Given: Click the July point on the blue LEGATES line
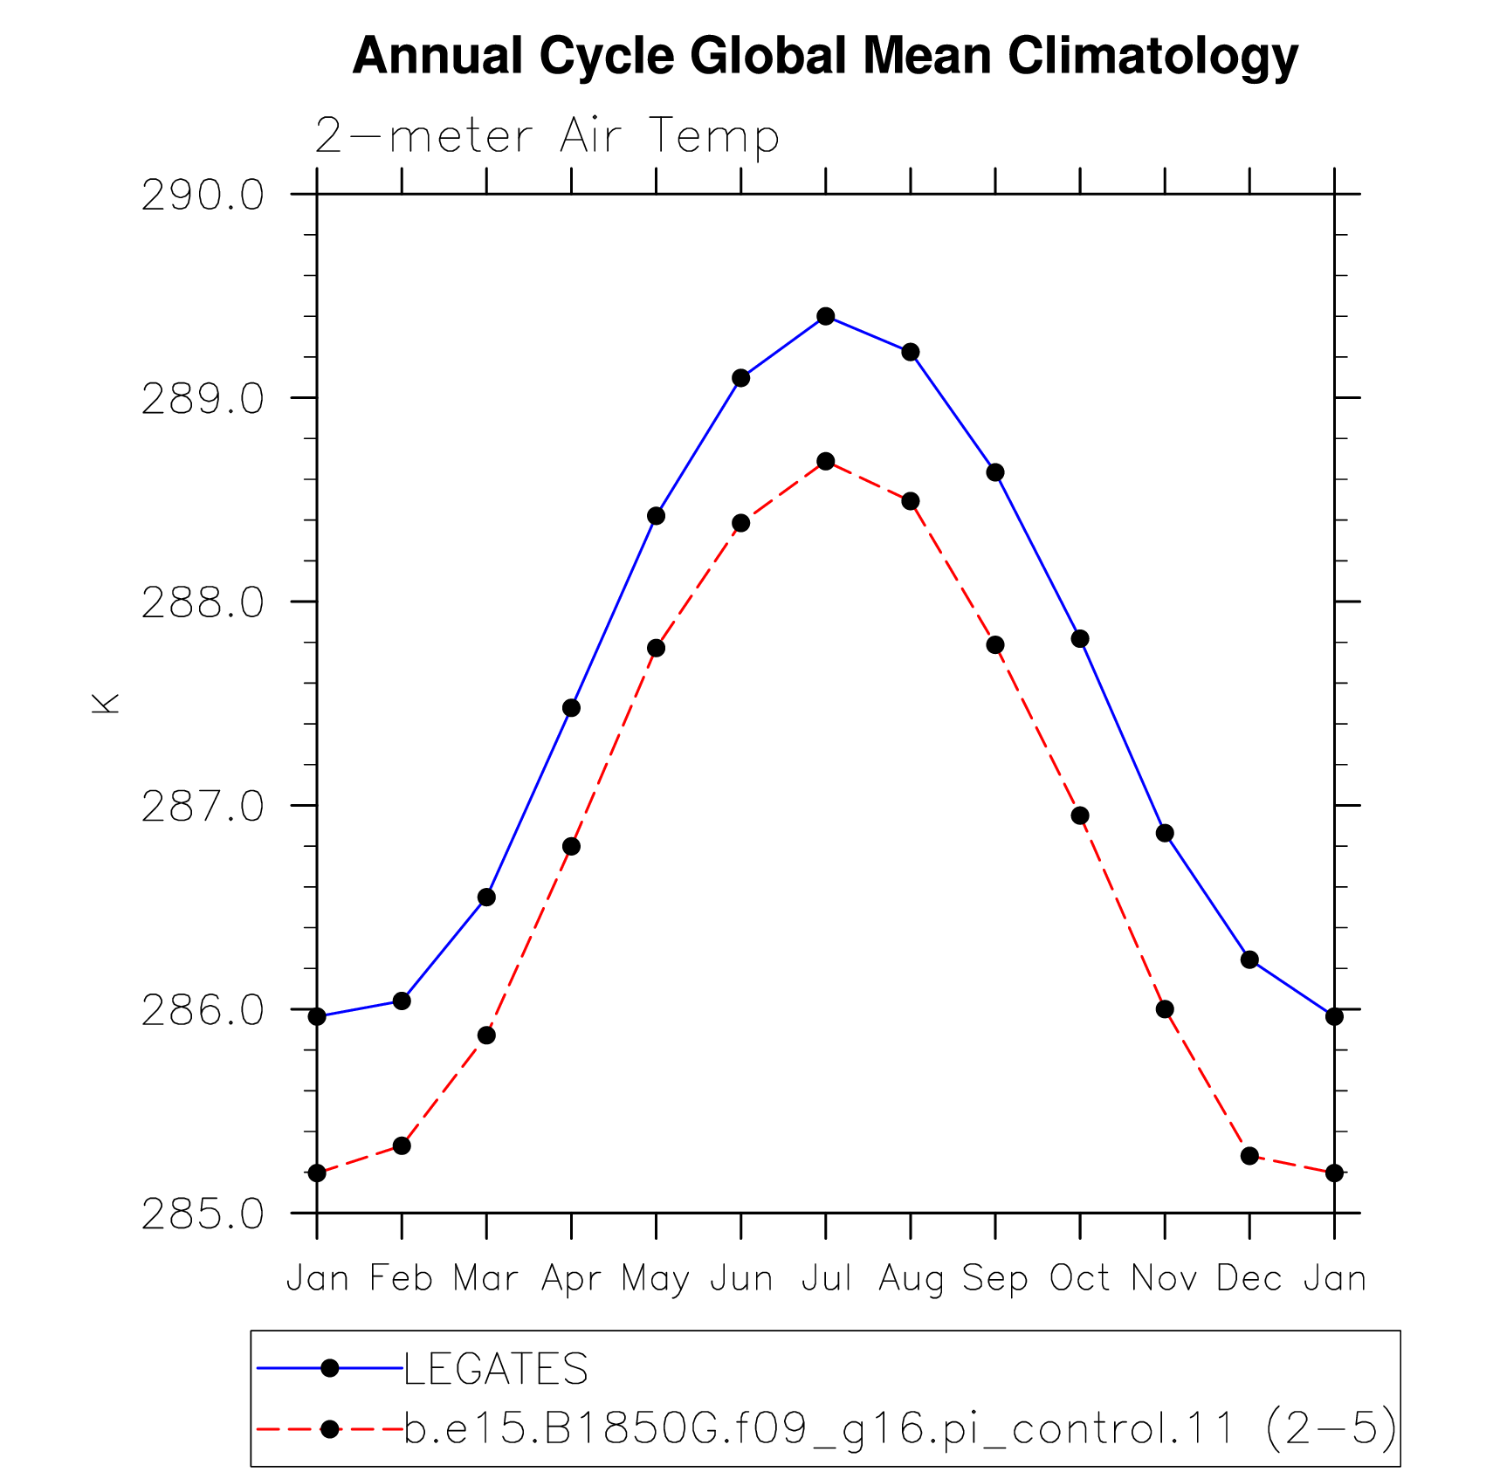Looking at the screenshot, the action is click(826, 316).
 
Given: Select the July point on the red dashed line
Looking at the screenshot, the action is click(826, 461).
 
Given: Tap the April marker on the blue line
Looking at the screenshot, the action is click(571, 707).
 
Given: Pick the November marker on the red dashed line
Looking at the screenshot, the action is click(1165, 1009).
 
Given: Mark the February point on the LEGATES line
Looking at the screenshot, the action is click(402, 1001).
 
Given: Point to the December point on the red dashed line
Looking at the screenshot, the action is click(1249, 1156).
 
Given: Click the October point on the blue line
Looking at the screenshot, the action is click(1080, 639).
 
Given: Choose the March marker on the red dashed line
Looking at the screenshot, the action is click(486, 1035).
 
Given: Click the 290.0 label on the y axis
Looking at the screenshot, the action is click(203, 195).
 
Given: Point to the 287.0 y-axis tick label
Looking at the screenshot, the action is click(203, 806).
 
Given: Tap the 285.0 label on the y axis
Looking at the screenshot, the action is click(203, 1214).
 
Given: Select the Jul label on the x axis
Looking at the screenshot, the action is click(826, 1278).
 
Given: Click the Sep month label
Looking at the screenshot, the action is click(995, 1280).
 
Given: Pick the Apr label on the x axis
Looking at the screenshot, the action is click(572, 1280).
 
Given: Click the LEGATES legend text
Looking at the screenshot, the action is click(496, 1368).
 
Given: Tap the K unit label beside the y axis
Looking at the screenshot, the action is click(105, 704).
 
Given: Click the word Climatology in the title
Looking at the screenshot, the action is click(1152, 57).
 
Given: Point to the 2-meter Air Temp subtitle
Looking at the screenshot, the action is click(547, 136).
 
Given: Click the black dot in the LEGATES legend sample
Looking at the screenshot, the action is click(330, 1368).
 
